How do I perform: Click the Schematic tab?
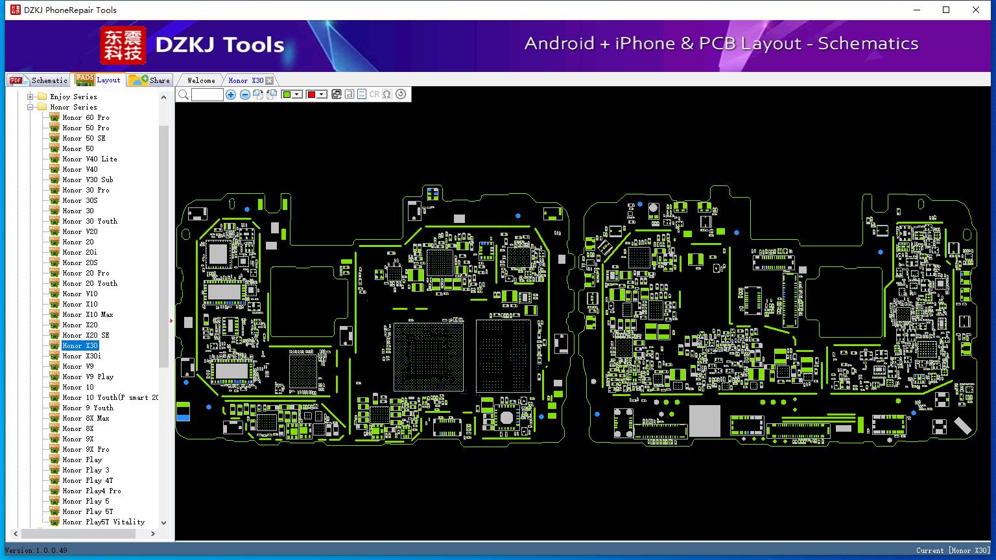coord(38,80)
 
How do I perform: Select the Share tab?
coord(149,80)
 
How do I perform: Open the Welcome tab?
coord(201,80)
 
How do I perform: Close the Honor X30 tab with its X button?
coord(270,80)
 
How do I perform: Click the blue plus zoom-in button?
coord(230,94)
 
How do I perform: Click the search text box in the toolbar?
coord(207,94)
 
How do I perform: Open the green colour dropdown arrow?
coord(297,94)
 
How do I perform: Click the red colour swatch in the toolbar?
coord(311,94)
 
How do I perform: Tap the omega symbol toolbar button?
coord(387,94)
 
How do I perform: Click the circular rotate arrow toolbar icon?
coord(401,94)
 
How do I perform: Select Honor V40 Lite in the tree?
coord(90,159)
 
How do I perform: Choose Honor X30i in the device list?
coord(82,356)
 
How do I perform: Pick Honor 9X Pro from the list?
coord(86,449)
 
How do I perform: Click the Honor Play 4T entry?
coord(88,480)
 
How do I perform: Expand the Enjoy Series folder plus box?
coord(30,97)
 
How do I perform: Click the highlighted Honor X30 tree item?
coord(80,345)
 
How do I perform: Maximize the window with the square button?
coord(946,10)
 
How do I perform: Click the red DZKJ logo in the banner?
coord(123,45)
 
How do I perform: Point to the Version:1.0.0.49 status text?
coord(36,550)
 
